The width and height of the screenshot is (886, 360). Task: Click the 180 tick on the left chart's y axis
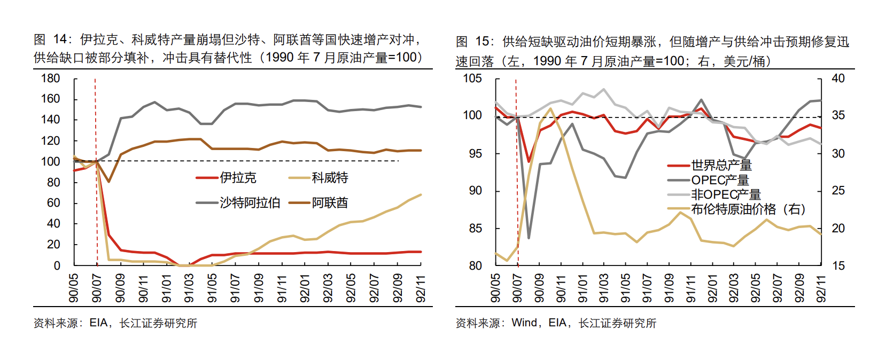pyautogui.click(x=51, y=79)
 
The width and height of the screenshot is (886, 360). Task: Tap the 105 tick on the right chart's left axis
pyautogui.click(x=472, y=79)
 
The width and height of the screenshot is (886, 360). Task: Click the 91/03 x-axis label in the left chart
pyautogui.click(x=189, y=288)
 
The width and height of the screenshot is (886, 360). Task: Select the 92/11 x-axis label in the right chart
pyautogui.click(x=822, y=288)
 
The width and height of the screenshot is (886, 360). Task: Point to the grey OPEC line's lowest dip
pyautogui.click(x=529, y=238)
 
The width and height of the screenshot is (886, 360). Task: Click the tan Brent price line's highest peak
pyautogui.click(x=550, y=108)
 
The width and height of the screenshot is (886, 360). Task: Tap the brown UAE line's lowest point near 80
pyautogui.click(x=108, y=182)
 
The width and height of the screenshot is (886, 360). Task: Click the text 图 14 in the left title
pyautogui.click(x=52, y=40)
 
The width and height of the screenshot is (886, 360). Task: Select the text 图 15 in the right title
pyautogui.click(x=473, y=42)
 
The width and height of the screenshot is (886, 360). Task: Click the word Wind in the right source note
pyautogui.click(x=524, y=323)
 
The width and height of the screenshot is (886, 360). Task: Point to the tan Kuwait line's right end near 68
pyautogui.click(x=421, y=195)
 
